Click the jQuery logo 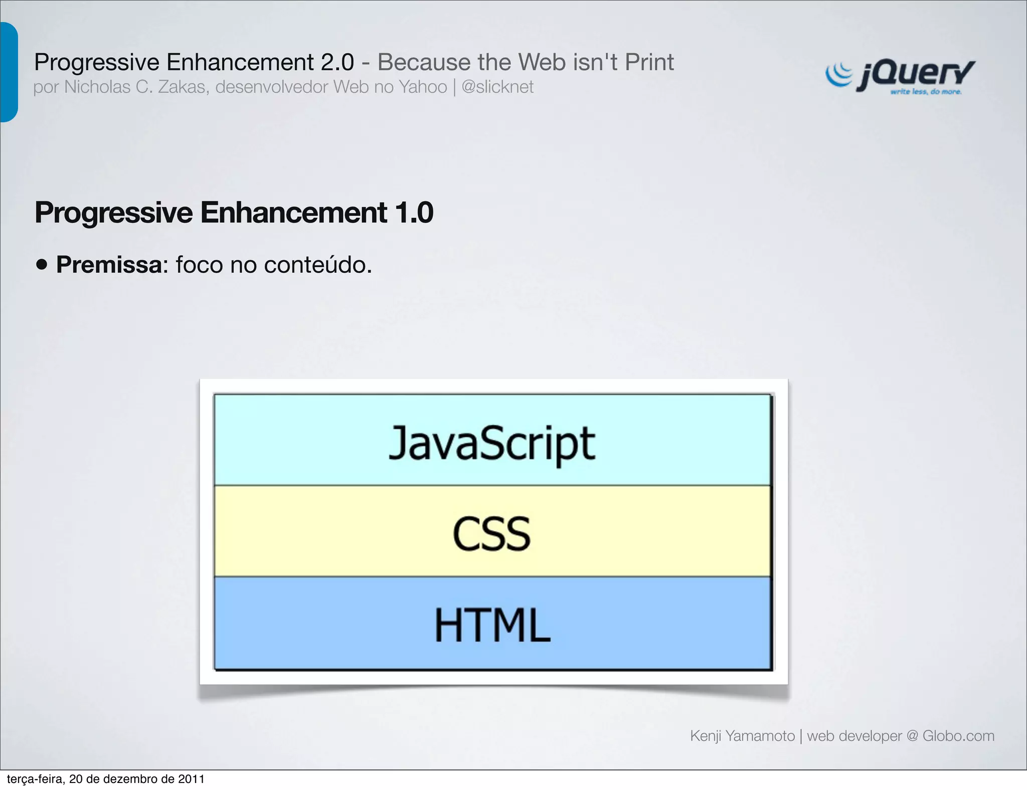coord(900,76)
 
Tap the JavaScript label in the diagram coord(492,443)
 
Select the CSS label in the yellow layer coord(491,534)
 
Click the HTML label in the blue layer coord(492,625)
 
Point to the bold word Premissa coord(109,265)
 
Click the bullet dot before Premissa coord(42,265)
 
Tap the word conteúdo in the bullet coord(317,265)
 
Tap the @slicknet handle coord(497,87)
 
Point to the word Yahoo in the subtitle coord(423,87)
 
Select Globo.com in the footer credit coord(958,736)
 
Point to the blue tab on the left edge coord(9,72)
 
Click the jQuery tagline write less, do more coord(926,92)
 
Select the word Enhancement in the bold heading coord(293,213)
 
